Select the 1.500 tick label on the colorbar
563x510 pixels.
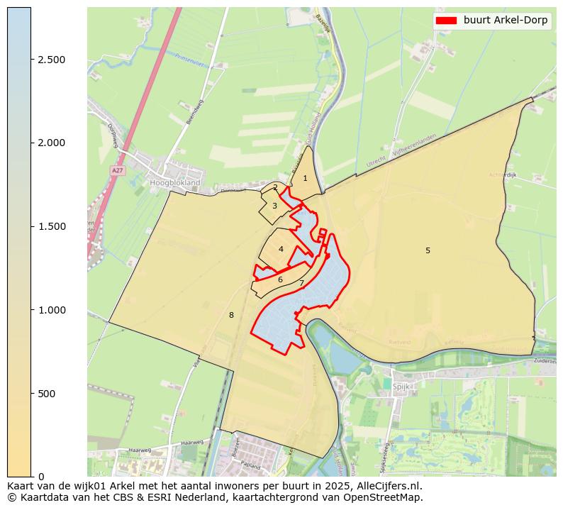(52, 226)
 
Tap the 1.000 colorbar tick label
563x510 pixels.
(52, 310)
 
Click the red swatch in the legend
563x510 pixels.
(447, 21)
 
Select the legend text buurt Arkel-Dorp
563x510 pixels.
(505, 21)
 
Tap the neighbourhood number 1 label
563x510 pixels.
(306, 179)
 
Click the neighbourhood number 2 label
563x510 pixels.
(275, 188)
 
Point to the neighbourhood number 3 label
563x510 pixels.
(274, 206)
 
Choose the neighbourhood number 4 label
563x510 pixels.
(281, 250)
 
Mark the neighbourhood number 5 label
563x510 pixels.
(428, 250)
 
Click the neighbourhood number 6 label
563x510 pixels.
(280, 280)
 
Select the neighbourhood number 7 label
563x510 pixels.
(301, 284)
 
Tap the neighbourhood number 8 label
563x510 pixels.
(231, 315)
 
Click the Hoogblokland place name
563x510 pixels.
(176, 182)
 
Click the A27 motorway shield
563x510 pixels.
(117, 171)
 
